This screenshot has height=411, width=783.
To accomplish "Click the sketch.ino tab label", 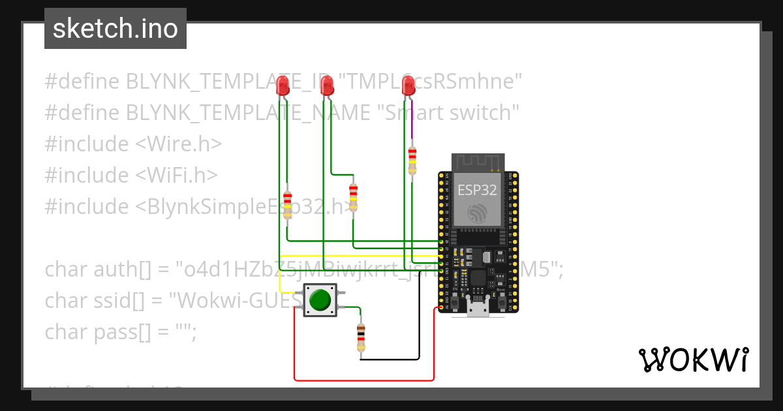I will pyautogui.click(x=115, y=29).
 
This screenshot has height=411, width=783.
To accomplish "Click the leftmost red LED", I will pyautogui.click(x=283, y=85).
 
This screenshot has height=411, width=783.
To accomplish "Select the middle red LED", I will pyautogui.click(x=327, y=85).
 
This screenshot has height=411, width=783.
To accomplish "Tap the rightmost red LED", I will pyautogui.click(x=408, y=85).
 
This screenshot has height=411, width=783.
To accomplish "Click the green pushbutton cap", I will pyautogui.click(x=320, y=300).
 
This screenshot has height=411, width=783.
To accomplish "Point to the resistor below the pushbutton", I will pyautogui.click(x=361, y=338).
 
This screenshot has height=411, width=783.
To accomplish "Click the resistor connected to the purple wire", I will pyautogui.click(x=412, y=160).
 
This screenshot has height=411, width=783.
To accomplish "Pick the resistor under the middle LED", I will pyautogui.click(x=353, y=196).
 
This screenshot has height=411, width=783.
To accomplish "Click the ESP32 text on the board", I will pyautogui.click(x=477, y=190).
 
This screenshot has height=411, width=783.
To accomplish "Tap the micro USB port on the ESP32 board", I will pyautogui.click(x=478, y=307).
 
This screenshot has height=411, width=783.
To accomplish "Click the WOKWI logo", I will pyautogui.click(x=692, y=359).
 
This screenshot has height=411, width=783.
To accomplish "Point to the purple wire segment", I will pyautogui.click(x=412, y=121).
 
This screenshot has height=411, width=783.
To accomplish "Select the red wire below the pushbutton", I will pyautogui.click(x=363, y=380).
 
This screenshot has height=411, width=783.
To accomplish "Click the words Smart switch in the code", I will pyautogui.click(x=450, y=112).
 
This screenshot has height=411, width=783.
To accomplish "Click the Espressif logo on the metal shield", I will pyautogui.click(x=477, y=212).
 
